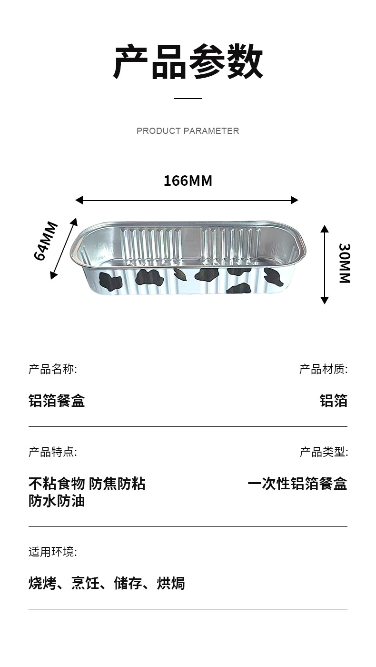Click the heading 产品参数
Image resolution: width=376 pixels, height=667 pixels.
click(x=188, y=62)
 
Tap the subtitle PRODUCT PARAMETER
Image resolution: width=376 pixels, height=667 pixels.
click(x=188, y=131)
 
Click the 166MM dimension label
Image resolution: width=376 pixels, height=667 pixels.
click(x=188, y=181)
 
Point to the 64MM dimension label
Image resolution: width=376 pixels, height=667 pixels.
click(x=46, y=241)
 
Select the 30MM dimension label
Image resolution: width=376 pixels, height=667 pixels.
click(x=344, y=263)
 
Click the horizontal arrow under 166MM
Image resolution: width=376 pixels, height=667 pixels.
click(x=187, y=200)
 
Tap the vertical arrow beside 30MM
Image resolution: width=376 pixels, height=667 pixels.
click(x=325, y=264)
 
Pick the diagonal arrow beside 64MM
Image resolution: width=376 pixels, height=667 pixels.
click(x=63, y=248)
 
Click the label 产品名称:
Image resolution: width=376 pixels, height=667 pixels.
click(x=52, y=369)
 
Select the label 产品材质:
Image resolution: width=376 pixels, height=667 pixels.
click(x=323, y=369)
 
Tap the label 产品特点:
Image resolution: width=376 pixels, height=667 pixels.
click(x=52, y=452)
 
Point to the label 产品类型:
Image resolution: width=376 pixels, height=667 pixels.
click(x=323, y=452)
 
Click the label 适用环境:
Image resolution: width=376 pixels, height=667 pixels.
click(x=52, y=552)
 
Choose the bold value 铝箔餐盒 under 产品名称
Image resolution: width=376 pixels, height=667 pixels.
click(x=57, y=401)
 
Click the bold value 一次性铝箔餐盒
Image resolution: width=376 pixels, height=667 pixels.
click(x=297, y=484)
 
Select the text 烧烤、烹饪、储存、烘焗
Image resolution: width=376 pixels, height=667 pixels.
click(x=107, y=583)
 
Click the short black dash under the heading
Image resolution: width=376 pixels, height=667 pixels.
click(x=188, y=99)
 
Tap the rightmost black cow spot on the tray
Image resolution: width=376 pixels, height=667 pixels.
click(x=273, y=277)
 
